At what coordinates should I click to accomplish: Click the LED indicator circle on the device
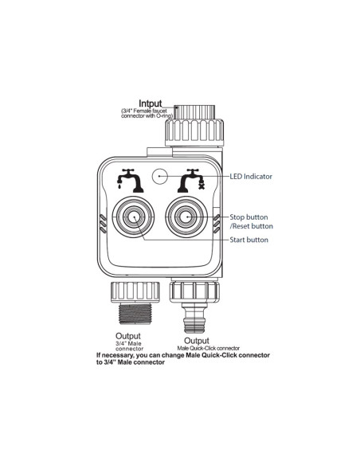[x=159, y=176]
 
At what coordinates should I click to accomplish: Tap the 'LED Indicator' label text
[x=251, y=177]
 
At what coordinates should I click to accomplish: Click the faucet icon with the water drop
[x=130, y=181]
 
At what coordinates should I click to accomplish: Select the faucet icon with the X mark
[x=191, y=181]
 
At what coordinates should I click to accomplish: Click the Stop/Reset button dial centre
[x=186, y=217]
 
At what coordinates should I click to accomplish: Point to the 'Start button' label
[x=248, y=240]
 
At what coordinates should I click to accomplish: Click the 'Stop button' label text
[x=248, y=217]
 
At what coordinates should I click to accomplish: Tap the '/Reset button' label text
[x=252, y=226]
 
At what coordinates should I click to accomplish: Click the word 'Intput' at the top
[x=151, y=104]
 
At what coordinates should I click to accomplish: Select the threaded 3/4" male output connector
[x=135, y=314]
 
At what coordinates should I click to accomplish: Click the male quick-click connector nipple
[x=194, y=318]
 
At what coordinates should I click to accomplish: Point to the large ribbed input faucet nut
[x=194, y=132]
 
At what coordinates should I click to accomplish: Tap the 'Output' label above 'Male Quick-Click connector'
[x=197, y=341]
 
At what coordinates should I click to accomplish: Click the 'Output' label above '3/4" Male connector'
[x=128, y=336]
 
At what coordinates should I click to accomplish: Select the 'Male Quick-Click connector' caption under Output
[x=208, y=348]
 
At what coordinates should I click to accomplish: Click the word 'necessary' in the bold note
[x=118, y=355]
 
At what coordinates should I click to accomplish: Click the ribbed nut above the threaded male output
[x=135, y=292]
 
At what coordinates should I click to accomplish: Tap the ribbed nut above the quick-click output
[x=194, y=291]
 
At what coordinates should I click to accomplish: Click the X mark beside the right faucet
[x=202, y=186]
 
